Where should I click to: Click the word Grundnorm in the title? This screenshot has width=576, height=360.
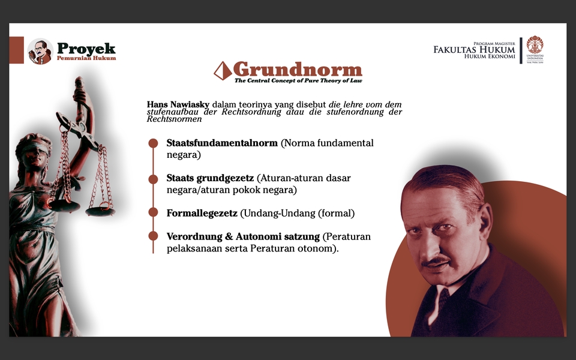pos(297,69)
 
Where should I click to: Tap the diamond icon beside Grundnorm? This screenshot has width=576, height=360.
pos(223,70)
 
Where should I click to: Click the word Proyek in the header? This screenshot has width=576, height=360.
pos(86,49)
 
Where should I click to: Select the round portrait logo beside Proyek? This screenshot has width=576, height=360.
pos(40,51)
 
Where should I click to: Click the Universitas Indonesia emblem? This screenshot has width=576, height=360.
pos(535,46)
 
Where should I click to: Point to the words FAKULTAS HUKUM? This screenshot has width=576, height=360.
pos(474,50)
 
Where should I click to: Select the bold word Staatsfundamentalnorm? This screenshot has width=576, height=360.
pos(222,143)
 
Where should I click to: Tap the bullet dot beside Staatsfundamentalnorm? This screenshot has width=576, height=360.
pos(153,143)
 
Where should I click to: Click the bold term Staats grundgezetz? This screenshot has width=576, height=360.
pos(210,178)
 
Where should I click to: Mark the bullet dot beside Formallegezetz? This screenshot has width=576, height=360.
pos(153,213)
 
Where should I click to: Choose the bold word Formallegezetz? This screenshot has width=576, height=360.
pos(202,213)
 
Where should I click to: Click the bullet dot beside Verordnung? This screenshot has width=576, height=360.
pos(153,236)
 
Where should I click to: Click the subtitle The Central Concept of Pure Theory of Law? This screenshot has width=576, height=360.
pos(298,80)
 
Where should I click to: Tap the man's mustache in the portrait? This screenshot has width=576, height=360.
pos(436,261)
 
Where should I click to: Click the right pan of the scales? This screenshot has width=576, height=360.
pos(100,211)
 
